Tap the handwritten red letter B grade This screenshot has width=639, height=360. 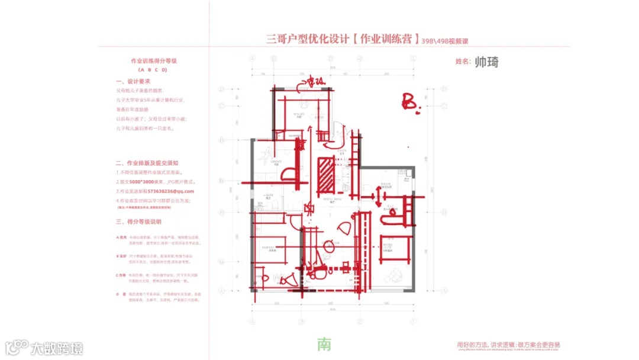tap(410, 101)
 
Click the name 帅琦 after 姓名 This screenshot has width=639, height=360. tap(486, 62)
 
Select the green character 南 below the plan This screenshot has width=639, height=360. tap(324, 345)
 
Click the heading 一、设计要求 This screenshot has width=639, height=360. tap(133, 81)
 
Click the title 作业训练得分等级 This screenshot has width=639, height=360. tap(150, 61)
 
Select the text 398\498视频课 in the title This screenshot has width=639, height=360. tap(449, 41)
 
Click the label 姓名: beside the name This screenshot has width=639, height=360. tap(463, 62)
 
